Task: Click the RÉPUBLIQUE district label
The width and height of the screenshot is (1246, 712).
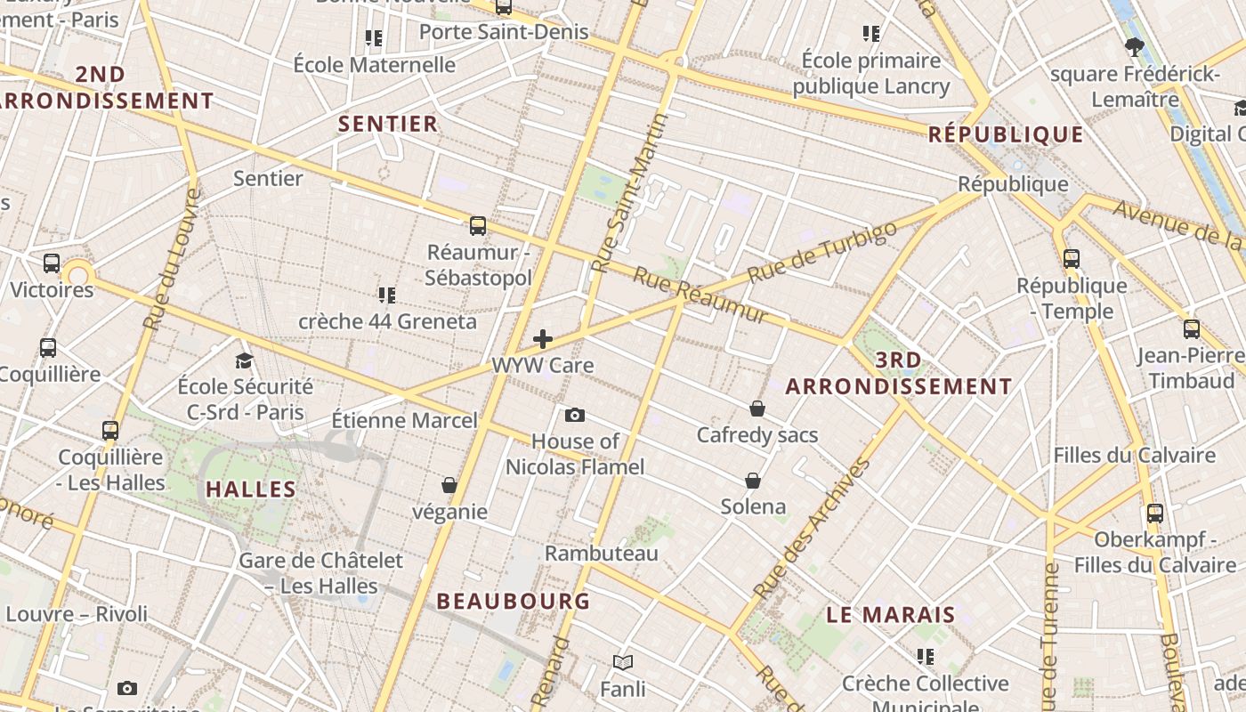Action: tap(1006, 135)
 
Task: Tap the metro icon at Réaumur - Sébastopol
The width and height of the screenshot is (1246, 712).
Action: tap(478, 226)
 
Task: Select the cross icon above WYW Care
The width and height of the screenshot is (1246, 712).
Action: tap(542, 339)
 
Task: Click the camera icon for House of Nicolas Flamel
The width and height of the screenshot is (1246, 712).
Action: tap(575, 415)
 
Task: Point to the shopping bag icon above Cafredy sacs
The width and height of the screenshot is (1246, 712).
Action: tap(756, 409)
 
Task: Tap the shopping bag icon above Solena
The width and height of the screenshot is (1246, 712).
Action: tap(753, 481)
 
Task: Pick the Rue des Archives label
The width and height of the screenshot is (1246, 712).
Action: tap(811, 528)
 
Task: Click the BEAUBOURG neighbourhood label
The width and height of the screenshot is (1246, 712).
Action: tap(514, 602)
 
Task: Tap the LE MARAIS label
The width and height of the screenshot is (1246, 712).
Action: tap(890, 615)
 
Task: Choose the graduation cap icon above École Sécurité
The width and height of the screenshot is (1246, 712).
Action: tap(244, 360)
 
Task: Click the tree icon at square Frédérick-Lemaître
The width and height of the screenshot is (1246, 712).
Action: tap(1134, 46)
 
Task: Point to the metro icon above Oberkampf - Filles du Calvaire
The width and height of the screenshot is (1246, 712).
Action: tap(1154, 514)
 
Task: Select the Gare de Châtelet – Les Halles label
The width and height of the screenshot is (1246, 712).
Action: tap(320, 573)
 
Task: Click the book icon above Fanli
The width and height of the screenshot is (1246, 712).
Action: tap(623, 662)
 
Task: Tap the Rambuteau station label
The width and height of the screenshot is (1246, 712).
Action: tap(601, 554)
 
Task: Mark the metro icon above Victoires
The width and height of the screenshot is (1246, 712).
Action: tap(52, 263)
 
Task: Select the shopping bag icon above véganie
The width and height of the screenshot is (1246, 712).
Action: tap(449, 485)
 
